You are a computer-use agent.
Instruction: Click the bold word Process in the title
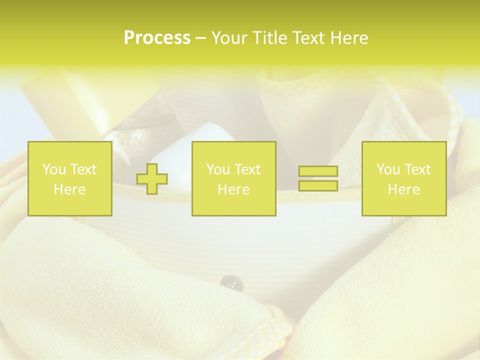157,38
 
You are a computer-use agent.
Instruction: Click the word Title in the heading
270,38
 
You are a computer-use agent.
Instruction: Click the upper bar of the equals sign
318,171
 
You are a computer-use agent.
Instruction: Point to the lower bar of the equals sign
318,186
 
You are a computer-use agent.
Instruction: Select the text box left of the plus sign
69,178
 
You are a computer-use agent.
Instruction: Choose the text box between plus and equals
233,178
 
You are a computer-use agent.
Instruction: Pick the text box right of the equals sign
403,178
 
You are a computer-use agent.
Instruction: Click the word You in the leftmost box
54,169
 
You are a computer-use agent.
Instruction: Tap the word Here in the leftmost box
69,189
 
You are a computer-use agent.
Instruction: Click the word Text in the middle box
247,169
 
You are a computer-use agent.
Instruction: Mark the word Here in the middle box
233,189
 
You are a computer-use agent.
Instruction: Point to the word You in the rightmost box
388,169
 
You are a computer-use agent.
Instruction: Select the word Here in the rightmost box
403,189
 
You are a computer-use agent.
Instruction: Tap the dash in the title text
200,38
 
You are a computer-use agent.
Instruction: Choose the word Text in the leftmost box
83,169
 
